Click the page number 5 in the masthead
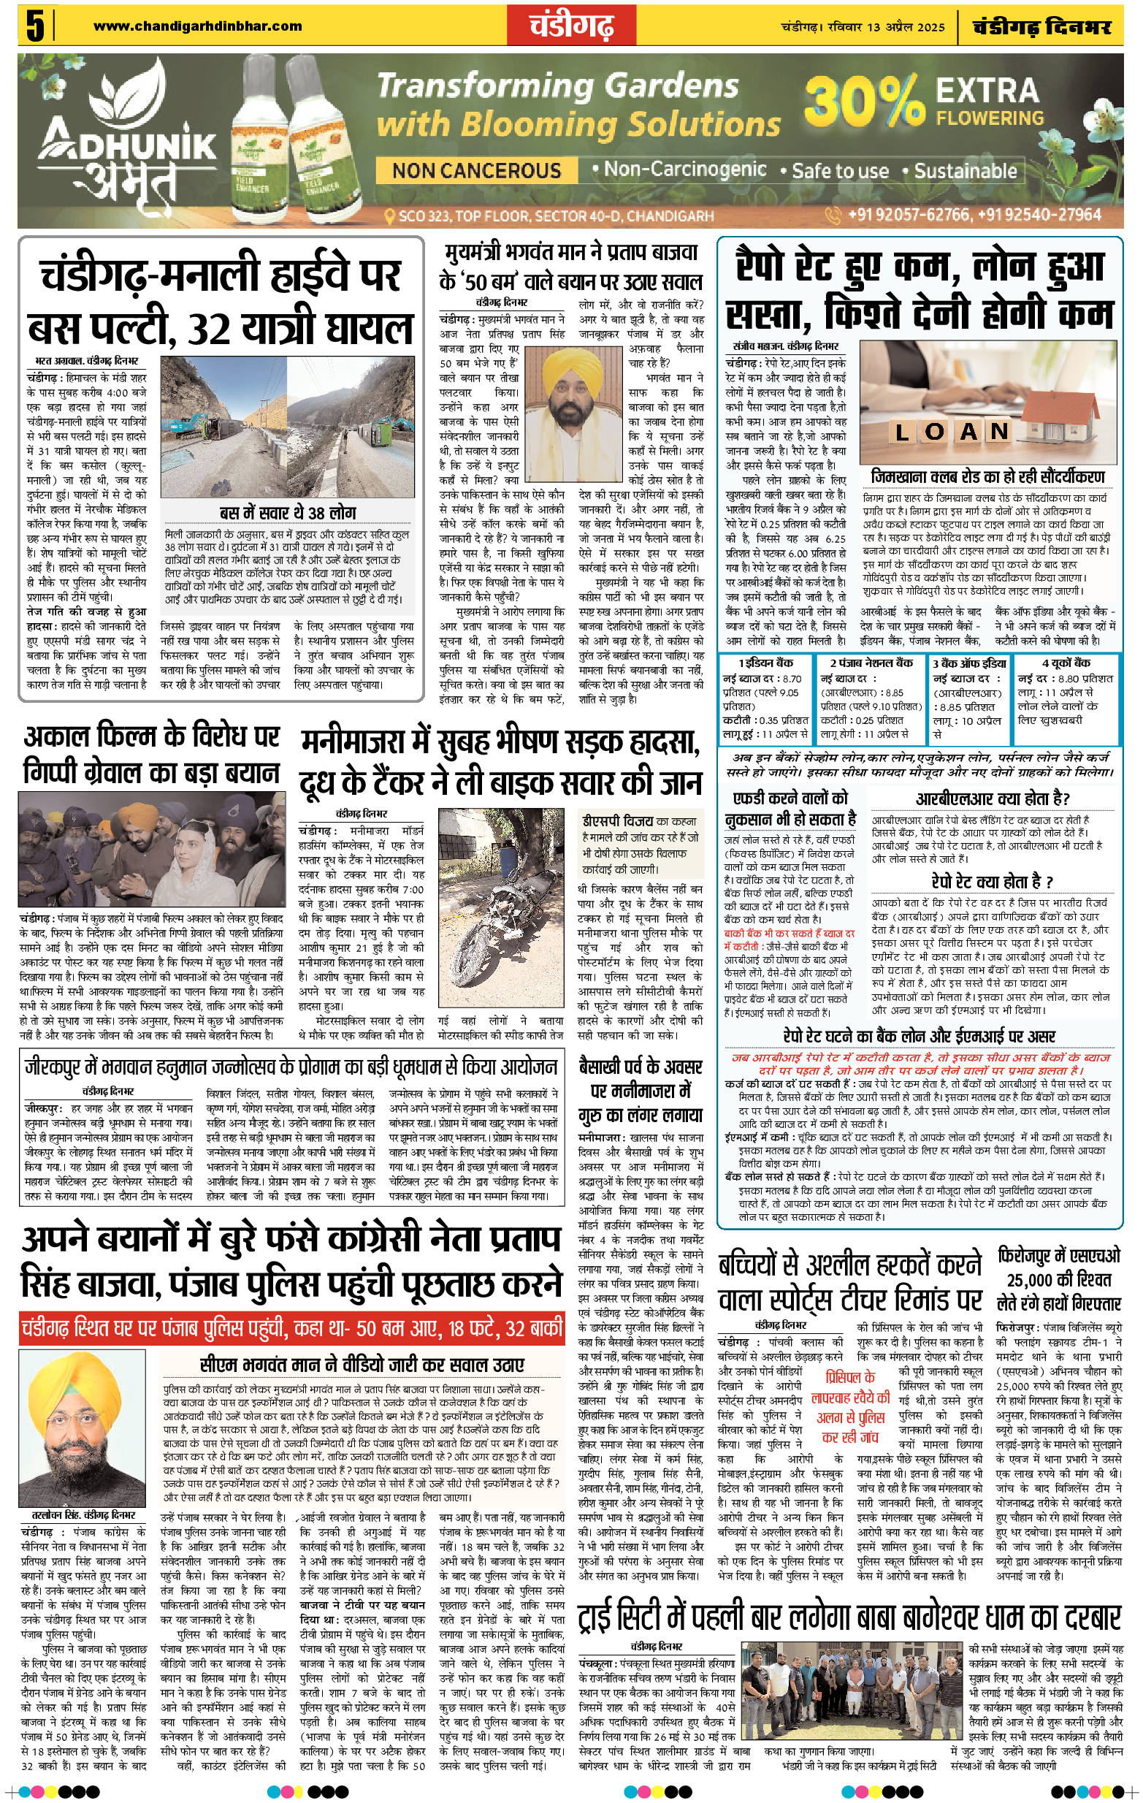tap(34, 26)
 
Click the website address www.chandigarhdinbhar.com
tap(198, 26)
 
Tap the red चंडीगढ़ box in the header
tap(571, 26)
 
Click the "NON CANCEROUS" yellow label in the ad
tap(477, 171)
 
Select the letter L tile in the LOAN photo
tap(902, 432)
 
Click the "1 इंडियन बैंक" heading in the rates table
tap(765, 663)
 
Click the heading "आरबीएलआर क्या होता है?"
tap(993, 799)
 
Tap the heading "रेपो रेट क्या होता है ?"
tap(993, 880)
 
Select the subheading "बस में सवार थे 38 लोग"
tap(288, 513)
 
